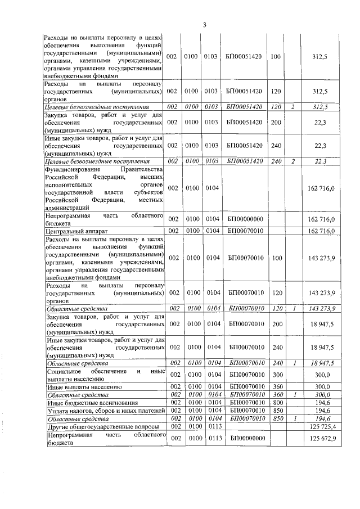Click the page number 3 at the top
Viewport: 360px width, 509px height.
click(205, 25)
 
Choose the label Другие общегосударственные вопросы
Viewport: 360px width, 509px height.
click(101, 427)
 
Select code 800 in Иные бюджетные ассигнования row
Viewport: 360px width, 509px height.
click(276, 403)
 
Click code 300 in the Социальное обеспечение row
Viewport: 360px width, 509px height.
click(276, 375)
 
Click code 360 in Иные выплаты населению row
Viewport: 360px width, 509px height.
click(276, 388)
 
